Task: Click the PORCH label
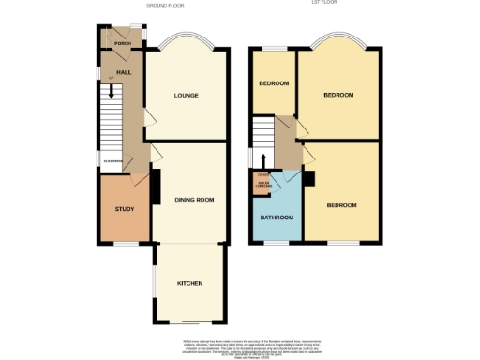tap(121, 44)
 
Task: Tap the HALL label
tap(123, 72)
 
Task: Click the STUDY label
tap(124, 209)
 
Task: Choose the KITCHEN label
tap(190, 283)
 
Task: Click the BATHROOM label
tap(276, 217)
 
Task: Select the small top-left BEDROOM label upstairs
tap(273, 84)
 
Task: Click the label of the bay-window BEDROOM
tap(338, 95)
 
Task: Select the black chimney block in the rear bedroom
tap(308, 178)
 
